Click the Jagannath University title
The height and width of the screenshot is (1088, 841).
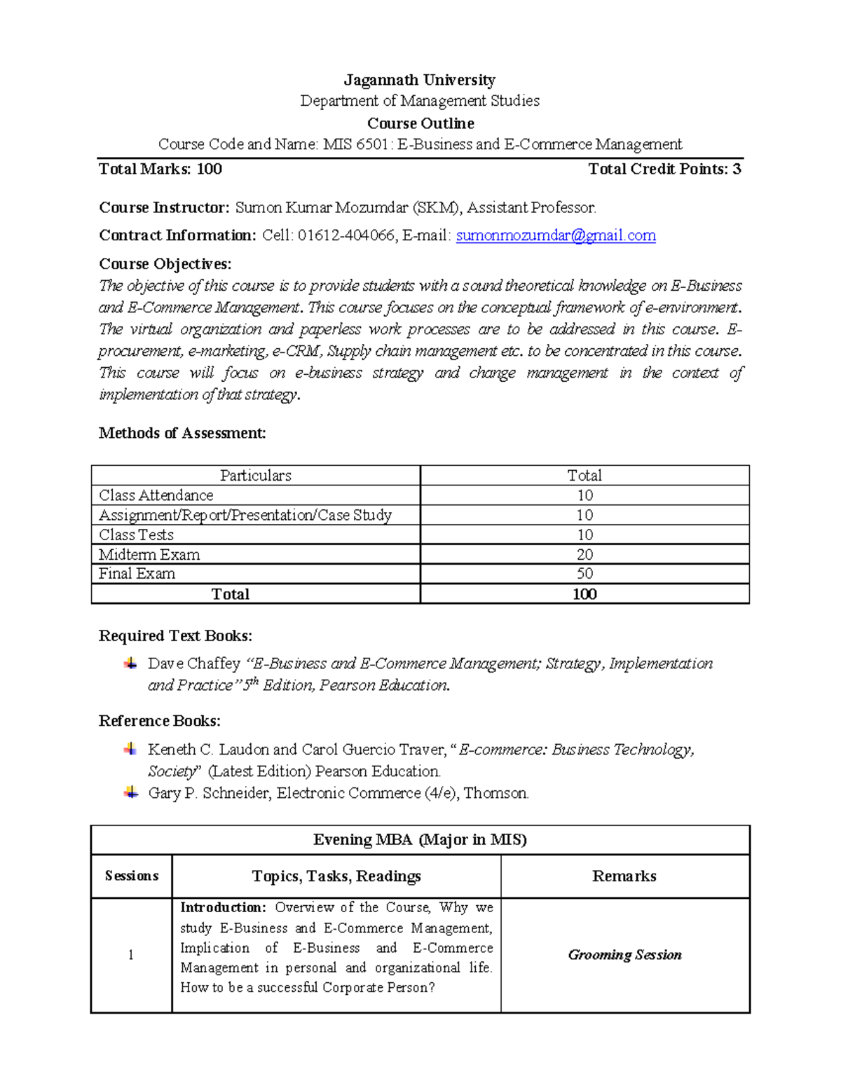419,80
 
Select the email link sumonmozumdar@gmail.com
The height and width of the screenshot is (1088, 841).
556,235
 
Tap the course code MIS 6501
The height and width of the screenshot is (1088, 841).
355,144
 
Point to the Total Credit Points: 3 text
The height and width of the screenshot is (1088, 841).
664,169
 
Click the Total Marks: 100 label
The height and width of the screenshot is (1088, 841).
160,169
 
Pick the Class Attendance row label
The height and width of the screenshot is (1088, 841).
156,495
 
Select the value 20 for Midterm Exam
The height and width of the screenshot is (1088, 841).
584,554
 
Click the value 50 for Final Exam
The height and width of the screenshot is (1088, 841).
584,573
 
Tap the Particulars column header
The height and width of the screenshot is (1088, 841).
255,475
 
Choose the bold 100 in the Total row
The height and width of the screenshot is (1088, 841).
584,594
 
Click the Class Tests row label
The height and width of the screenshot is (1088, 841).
136,535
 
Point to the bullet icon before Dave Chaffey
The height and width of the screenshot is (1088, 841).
130,663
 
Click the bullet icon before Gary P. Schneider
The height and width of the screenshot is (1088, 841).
130,792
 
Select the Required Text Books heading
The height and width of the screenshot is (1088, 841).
175,635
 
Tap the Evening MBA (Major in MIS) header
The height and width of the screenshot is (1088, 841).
420,839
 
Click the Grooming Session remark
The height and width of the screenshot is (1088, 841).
624,954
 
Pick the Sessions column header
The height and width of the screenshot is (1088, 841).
131,876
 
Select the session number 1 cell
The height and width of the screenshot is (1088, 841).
130,955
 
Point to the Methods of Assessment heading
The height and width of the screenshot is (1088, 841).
182,433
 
